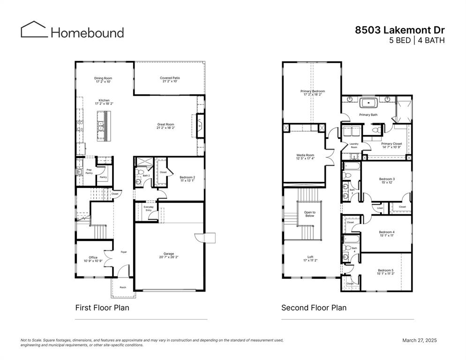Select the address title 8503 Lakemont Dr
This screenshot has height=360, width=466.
click(399, 30)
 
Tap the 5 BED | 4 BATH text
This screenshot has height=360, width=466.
click(417, 40)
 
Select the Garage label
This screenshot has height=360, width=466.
click(168, 255)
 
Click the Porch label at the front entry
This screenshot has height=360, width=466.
click(123, 287)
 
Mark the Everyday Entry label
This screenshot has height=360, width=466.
click(148, 209)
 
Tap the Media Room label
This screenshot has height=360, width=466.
click(305, 157)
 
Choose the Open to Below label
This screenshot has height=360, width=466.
click(310, 214)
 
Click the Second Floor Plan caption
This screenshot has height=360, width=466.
click(314, 308)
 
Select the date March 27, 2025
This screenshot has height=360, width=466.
click(419, 340)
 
